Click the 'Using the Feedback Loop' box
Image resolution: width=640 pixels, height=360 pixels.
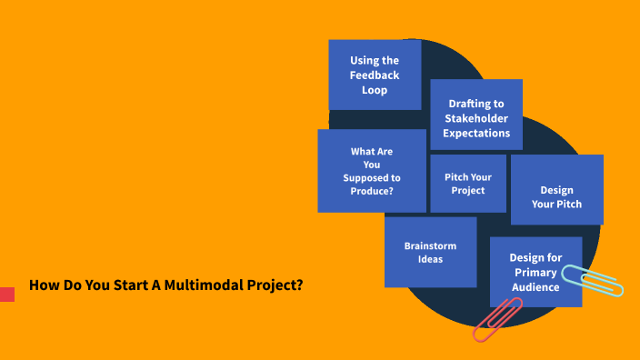[x=375, y=75]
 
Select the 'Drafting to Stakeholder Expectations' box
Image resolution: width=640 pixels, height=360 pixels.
[x=476, y=115]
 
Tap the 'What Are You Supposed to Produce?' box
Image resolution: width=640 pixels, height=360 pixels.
[x=371, y=170]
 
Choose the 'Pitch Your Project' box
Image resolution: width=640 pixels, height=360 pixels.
[x=467, y=183]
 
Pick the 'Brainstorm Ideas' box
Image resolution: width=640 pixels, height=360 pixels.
[x=430, y=252]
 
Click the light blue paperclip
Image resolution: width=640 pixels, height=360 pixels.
[x=593, y=280]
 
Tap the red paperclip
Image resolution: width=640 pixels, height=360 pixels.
[x=497, y=320]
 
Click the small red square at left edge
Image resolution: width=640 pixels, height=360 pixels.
[x=6, y=294]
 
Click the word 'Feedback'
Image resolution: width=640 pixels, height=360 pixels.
[x=375, y=75]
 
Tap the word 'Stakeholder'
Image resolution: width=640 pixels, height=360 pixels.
[x=476, y=118]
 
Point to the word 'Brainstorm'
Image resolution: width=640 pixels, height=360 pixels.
[x=431, y=245]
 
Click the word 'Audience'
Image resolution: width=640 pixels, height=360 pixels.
[x=535, y=286]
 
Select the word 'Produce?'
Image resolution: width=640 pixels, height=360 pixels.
[x=371, y=191]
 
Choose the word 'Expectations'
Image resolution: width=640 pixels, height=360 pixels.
[x=476, y=133]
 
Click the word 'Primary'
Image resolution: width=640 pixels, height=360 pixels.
[x=535, y=272]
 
